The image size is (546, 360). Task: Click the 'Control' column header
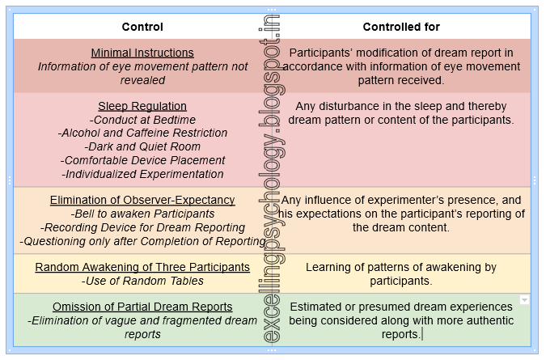[x=142, y=27]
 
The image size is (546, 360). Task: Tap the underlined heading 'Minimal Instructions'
[x=142, y=53]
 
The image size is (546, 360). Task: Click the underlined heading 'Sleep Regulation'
[x=142, y=106]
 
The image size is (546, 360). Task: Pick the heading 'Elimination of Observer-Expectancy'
[x=142, y=200]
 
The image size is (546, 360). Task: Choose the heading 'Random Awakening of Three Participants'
[x=142, y=267]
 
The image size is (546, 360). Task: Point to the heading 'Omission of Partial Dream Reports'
[x=142, y=307]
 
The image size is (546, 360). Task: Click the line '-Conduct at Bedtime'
[x=142, y=120]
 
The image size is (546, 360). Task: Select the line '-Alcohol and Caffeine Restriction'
[x=142, y=133]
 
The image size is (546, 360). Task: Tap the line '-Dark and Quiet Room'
[x=142, y=146]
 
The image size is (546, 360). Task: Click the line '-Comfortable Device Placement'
[x=142, y=160]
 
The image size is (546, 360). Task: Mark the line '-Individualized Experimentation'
[x=142, y=174]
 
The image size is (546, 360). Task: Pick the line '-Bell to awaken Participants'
[x=142, y=214]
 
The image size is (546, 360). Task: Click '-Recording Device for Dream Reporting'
[x=142, y=227]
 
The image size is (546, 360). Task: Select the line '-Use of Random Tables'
[x=142, y=281]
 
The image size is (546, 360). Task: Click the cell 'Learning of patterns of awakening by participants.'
[x=401, y=274]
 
